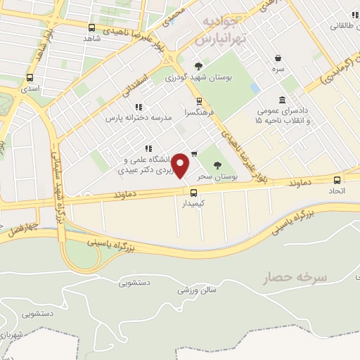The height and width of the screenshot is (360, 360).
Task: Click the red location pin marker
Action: click(181, 166)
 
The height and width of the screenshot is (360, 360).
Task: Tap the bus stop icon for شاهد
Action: click(91, 27)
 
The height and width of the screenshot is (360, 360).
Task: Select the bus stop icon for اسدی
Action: click(30, 78)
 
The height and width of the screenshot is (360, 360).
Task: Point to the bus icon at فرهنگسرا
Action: click(199, 101)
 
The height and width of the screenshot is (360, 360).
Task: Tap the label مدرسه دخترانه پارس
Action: click(139, 119)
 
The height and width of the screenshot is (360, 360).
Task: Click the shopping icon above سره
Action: click(279, 58)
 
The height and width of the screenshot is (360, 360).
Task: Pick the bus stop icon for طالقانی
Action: click(351, 15)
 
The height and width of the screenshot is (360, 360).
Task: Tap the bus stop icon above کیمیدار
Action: click(193, 192)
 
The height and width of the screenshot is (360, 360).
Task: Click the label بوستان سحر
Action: click(215, 175)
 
